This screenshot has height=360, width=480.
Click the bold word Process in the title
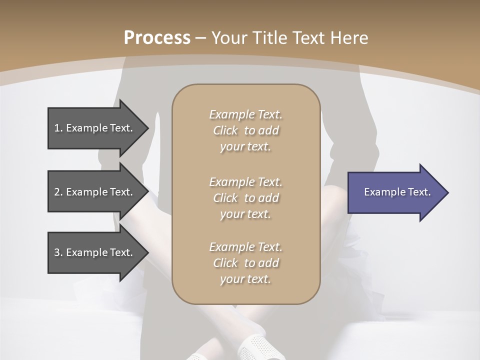(157, 38)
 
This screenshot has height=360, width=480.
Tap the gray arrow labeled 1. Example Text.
(95, 128)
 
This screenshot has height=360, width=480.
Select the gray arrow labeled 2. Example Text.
(95, 192)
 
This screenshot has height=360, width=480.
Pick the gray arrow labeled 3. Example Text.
(95, 252)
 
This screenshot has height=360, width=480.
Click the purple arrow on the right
(395, 192)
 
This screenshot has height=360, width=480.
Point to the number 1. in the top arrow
(58, 128)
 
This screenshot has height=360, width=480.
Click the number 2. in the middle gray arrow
(58, 192)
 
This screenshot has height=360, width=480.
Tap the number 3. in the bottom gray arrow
(58, 252)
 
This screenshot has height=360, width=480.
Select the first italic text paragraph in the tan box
(245, 130)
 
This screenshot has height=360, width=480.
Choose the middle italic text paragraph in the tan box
(245, 197)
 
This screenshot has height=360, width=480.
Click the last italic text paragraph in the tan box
(245, 263)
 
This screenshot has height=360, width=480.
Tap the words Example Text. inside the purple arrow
(397, 192)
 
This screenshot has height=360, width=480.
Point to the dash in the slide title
(200, 38)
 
